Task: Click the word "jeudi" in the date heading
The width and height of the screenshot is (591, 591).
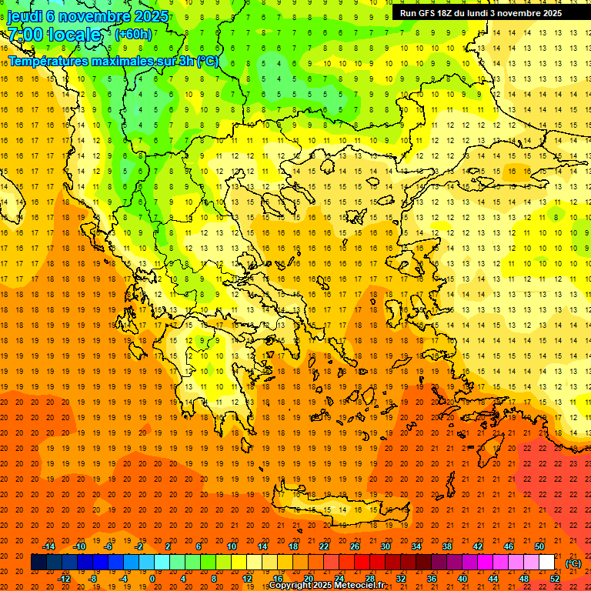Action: pyautogui.click(x=25, y=15)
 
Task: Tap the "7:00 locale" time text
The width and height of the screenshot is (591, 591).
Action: pyautogui.click(x=54, y=35)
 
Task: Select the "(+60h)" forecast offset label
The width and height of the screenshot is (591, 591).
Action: pyautogui.click(x=133, y=35)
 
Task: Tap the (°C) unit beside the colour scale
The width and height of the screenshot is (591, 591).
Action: pyautogui.click(x=573, y=563)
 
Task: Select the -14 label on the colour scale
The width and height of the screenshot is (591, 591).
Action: pyautogui.click(x=50, y=546)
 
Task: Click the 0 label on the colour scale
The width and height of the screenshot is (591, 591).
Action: pyautogui.click(x=152, y=579)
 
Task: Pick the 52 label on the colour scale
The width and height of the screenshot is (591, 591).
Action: pyautogui.click(x=555, y=579)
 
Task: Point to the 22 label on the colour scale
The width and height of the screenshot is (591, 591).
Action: pyautogui.click(x=324, y=546)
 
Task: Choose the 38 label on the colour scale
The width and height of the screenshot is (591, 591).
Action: pyautogui.click(x=446, y=546)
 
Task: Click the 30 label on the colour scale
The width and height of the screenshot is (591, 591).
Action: pyautogui.click(x=385, y=546)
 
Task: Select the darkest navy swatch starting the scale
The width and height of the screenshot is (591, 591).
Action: pyautogui.click(x=38, y=563)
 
